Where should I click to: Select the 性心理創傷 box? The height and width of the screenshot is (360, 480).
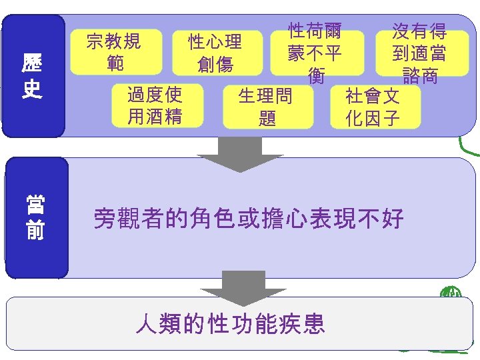point(215,53)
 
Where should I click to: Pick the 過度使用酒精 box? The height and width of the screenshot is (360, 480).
point(155,105)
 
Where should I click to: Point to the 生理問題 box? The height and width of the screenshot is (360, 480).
point(267,107)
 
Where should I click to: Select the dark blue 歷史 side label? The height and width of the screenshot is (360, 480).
point(33,76)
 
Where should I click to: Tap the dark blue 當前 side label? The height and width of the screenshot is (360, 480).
point(35,217)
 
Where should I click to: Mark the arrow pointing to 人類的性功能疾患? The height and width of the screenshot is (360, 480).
point(243,292)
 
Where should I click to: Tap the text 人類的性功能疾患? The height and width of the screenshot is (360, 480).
point(230,324)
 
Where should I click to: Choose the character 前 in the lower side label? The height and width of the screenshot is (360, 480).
point(35,230)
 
